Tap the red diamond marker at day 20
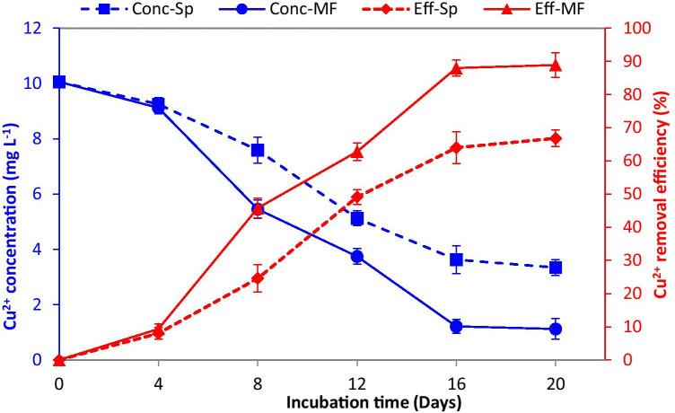pyautogui.click(x=556, y=138)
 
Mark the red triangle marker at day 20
pyautogui.click(x=556, y=65)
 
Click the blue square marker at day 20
pyautogui.click(x=556, y=268)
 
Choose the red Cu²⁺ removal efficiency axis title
pyautogui.click(x=662, y=193)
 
